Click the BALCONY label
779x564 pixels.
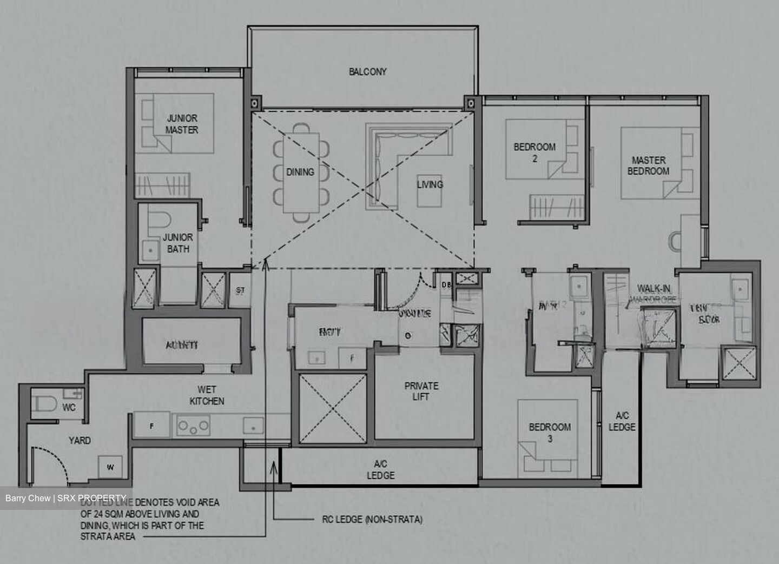(x=367, y=71)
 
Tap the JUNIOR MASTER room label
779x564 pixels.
(x=181, y=124)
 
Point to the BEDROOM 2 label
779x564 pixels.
(x=534, y=152)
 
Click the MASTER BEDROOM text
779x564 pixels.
(x=648, y=165)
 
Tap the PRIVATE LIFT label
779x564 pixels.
(x=421, y=391)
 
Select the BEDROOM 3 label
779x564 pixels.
(x=550, y=432)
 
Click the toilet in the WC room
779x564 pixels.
(x=43, y=404)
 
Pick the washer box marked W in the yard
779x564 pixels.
(x=110, y=467)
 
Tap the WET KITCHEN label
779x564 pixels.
(x=207, y=395)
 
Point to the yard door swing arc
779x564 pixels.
(x=54, y=460)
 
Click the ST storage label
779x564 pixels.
(x=240, y=290)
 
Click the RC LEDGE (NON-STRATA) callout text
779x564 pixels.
(x=369, y=520)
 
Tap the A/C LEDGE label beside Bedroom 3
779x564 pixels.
(x=622, y=421)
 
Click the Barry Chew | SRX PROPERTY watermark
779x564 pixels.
(x=65, y=498)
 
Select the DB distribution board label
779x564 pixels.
(x=446, y=284)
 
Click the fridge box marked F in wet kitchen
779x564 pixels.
(x=151, y=426)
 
